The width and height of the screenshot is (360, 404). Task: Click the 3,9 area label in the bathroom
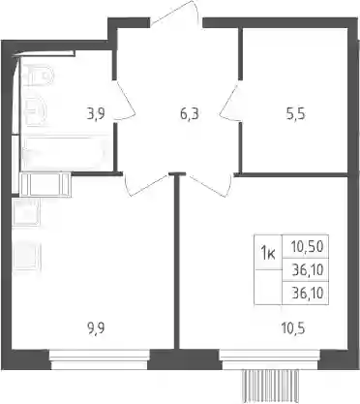(96, 114)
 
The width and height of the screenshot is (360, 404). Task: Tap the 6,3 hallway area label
(190, 114)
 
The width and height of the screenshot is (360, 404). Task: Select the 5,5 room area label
(296, 114)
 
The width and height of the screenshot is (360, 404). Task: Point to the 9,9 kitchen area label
(96, 328)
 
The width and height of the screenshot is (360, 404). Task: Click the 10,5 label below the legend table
(293, 328)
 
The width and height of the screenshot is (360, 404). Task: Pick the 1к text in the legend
(268, 253)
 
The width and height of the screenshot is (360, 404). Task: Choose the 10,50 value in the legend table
(307, 247)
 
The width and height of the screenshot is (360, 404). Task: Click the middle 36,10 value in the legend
(308, 269)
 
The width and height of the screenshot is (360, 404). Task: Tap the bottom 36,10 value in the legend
(308, 294)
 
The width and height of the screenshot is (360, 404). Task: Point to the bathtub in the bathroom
(65, 152)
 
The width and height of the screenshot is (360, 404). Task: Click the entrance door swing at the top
(176, 13)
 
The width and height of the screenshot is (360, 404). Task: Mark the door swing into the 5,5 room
(230, 103)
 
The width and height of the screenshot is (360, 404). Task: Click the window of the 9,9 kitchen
(100, 359)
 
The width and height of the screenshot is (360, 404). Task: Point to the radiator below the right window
(270, 386)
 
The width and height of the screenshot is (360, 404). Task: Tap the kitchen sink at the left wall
(26, 212)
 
